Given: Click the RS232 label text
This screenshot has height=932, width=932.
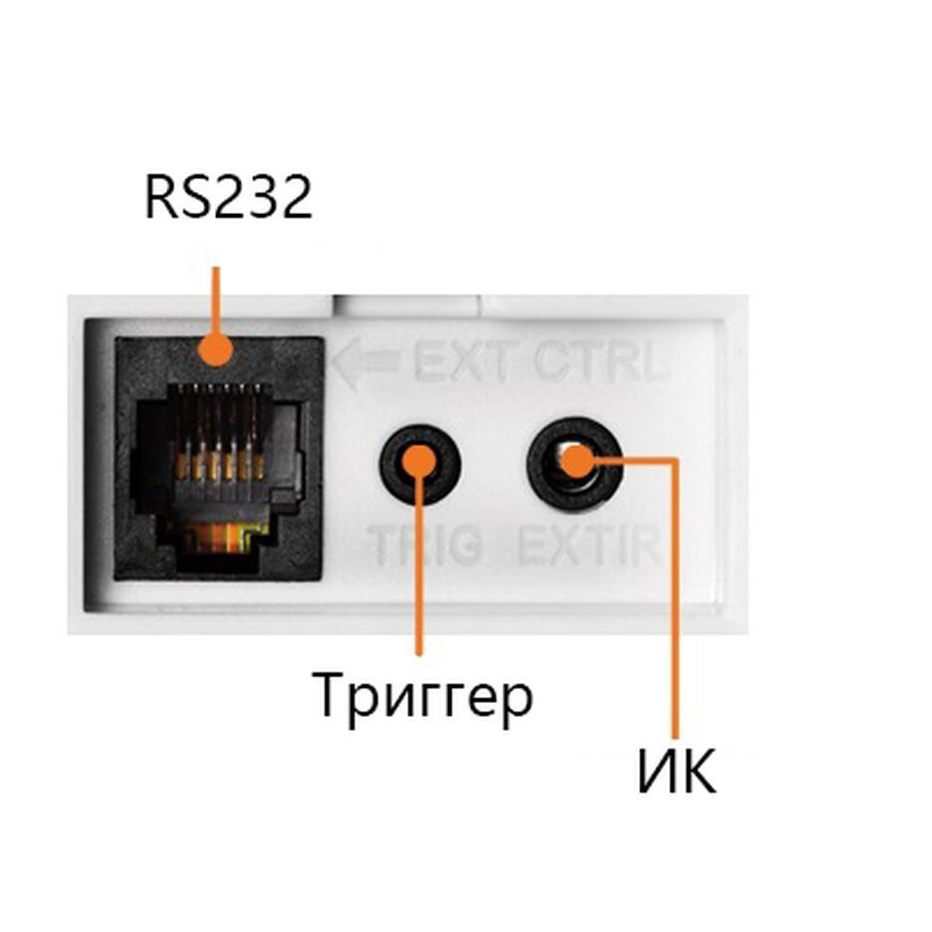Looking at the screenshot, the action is pyautogui.click(x=229, y=197).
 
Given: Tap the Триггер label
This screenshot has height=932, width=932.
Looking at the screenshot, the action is pyautogui.click(x=422, y=697).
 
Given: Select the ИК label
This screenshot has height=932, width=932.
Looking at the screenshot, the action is pyautogui.click(x=677, y=771).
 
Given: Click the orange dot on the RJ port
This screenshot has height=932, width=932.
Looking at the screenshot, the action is pyautogui.click(x=216, y=349).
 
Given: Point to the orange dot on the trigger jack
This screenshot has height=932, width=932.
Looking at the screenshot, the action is pyautogui.click(x=419, y=462).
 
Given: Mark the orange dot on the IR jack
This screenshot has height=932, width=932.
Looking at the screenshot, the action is pyautogui.click(x=578, y=461).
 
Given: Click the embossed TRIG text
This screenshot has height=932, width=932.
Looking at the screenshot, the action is pyautogui.click(x=425, y=545).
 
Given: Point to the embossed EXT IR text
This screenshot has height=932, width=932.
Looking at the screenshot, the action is pyautogui.click(x=589, y=545).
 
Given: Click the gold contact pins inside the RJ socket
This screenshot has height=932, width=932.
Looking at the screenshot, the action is pyautogui.click(x=220, y=465).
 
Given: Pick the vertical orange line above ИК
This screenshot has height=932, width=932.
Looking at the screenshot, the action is pyautogui.click(x=675, y=598).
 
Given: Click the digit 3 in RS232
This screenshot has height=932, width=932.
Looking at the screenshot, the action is pyautogui.click(x=262, y=197).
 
